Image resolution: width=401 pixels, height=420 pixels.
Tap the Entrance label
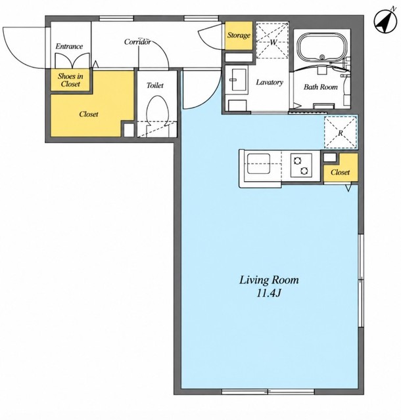click(x=69, y=47)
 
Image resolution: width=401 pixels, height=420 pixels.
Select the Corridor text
click(x=137, y=42)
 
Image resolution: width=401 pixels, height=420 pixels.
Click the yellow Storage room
click(x=239, y=35)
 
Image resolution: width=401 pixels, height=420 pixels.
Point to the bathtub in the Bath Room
click(x=322, y=49)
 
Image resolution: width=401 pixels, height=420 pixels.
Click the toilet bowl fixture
click(x=158, y=111)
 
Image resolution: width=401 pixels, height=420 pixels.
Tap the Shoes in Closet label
click(x=70, y=80)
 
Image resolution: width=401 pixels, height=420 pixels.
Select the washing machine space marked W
click(x=272, y=40)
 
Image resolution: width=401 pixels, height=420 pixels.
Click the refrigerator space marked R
click(x=341, y=133)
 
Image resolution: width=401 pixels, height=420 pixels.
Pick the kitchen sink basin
click(x=258, y=163)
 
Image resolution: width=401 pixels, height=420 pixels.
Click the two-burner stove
click(x=301, y=165)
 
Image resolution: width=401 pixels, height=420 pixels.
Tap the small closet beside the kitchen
click(x=341, y=169)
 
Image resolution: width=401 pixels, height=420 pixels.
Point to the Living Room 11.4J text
click(x=269, y=286)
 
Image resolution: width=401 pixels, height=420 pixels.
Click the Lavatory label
click(x=270, y=82)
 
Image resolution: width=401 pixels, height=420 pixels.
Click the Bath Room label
click(x=321, y=87)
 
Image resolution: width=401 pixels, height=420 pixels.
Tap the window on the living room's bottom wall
click(x=268, y=392)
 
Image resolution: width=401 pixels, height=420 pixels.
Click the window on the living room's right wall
click(x=361, y=280)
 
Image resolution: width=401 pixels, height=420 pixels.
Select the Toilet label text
click(x=155, y=85)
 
